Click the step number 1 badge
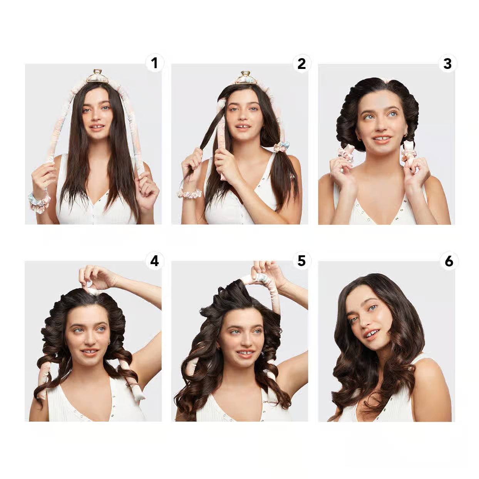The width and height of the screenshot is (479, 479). (154, 63)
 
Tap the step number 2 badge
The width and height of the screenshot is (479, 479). (301, 64)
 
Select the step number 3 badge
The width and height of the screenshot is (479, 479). (447, 64)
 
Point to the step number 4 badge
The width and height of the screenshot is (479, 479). (154, 261)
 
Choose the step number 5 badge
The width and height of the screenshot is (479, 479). (301, 261)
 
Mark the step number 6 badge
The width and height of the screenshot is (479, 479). (449, 261)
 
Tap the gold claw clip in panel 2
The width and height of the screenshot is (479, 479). (246, 77)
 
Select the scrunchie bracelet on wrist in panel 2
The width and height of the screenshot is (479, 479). (189, 194)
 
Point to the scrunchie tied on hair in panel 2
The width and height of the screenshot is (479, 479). (282, 147)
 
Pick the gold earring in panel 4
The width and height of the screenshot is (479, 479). (109, 342)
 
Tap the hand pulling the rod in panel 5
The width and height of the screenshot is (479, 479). (266, 271)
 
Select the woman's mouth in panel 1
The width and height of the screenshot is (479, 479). (97, 126)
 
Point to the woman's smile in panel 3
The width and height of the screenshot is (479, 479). (381, 138)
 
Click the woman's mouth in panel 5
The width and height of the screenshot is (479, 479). (246, 353)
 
